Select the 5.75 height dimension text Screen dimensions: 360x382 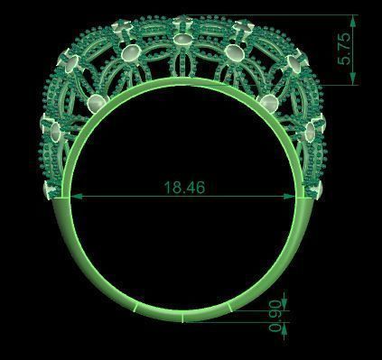pos(343,51)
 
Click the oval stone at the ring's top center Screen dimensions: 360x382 pos(183,42)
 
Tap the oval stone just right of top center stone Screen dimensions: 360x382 pos(237,53)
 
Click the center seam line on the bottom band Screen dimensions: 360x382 pos(183,318)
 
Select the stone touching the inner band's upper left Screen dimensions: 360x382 pos(95,104)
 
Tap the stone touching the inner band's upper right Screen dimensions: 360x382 pos(271,104)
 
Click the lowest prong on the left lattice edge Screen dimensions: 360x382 pos(50,189)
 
